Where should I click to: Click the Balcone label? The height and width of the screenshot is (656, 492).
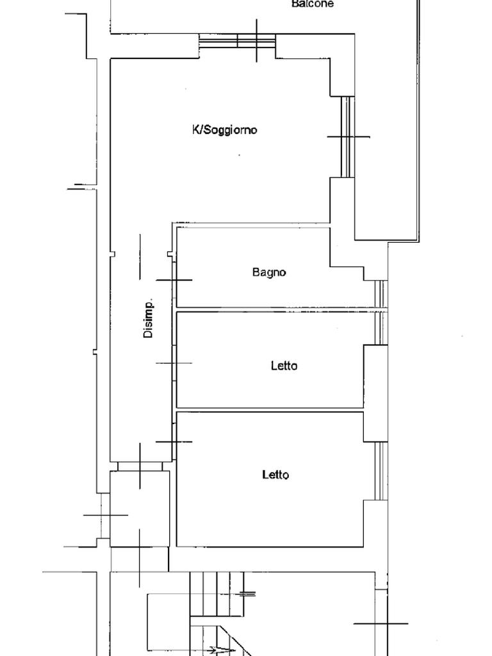[313, 4]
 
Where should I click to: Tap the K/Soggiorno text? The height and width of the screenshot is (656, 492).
[225, 130]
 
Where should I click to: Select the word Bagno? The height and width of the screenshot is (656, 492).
[269, 272]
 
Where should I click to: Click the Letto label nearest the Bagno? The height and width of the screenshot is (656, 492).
[284, 366]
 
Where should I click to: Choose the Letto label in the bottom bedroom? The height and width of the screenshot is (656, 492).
[275, 475]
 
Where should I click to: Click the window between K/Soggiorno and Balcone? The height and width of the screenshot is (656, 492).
[237, 41]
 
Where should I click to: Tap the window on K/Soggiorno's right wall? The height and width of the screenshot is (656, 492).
[347, 136]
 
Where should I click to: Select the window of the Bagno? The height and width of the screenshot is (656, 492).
[380, 295]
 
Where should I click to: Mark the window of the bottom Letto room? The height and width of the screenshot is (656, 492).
[381, 471]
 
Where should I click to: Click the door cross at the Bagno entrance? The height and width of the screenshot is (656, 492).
[174, 280]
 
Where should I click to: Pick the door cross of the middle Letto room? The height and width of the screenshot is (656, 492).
[174, 363]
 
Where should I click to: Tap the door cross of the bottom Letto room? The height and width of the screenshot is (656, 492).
[174, 441]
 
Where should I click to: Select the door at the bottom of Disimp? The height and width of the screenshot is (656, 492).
[140, 466]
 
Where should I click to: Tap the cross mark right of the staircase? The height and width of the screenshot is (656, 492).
[381, 623]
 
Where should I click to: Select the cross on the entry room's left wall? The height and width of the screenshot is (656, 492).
[105, 514]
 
